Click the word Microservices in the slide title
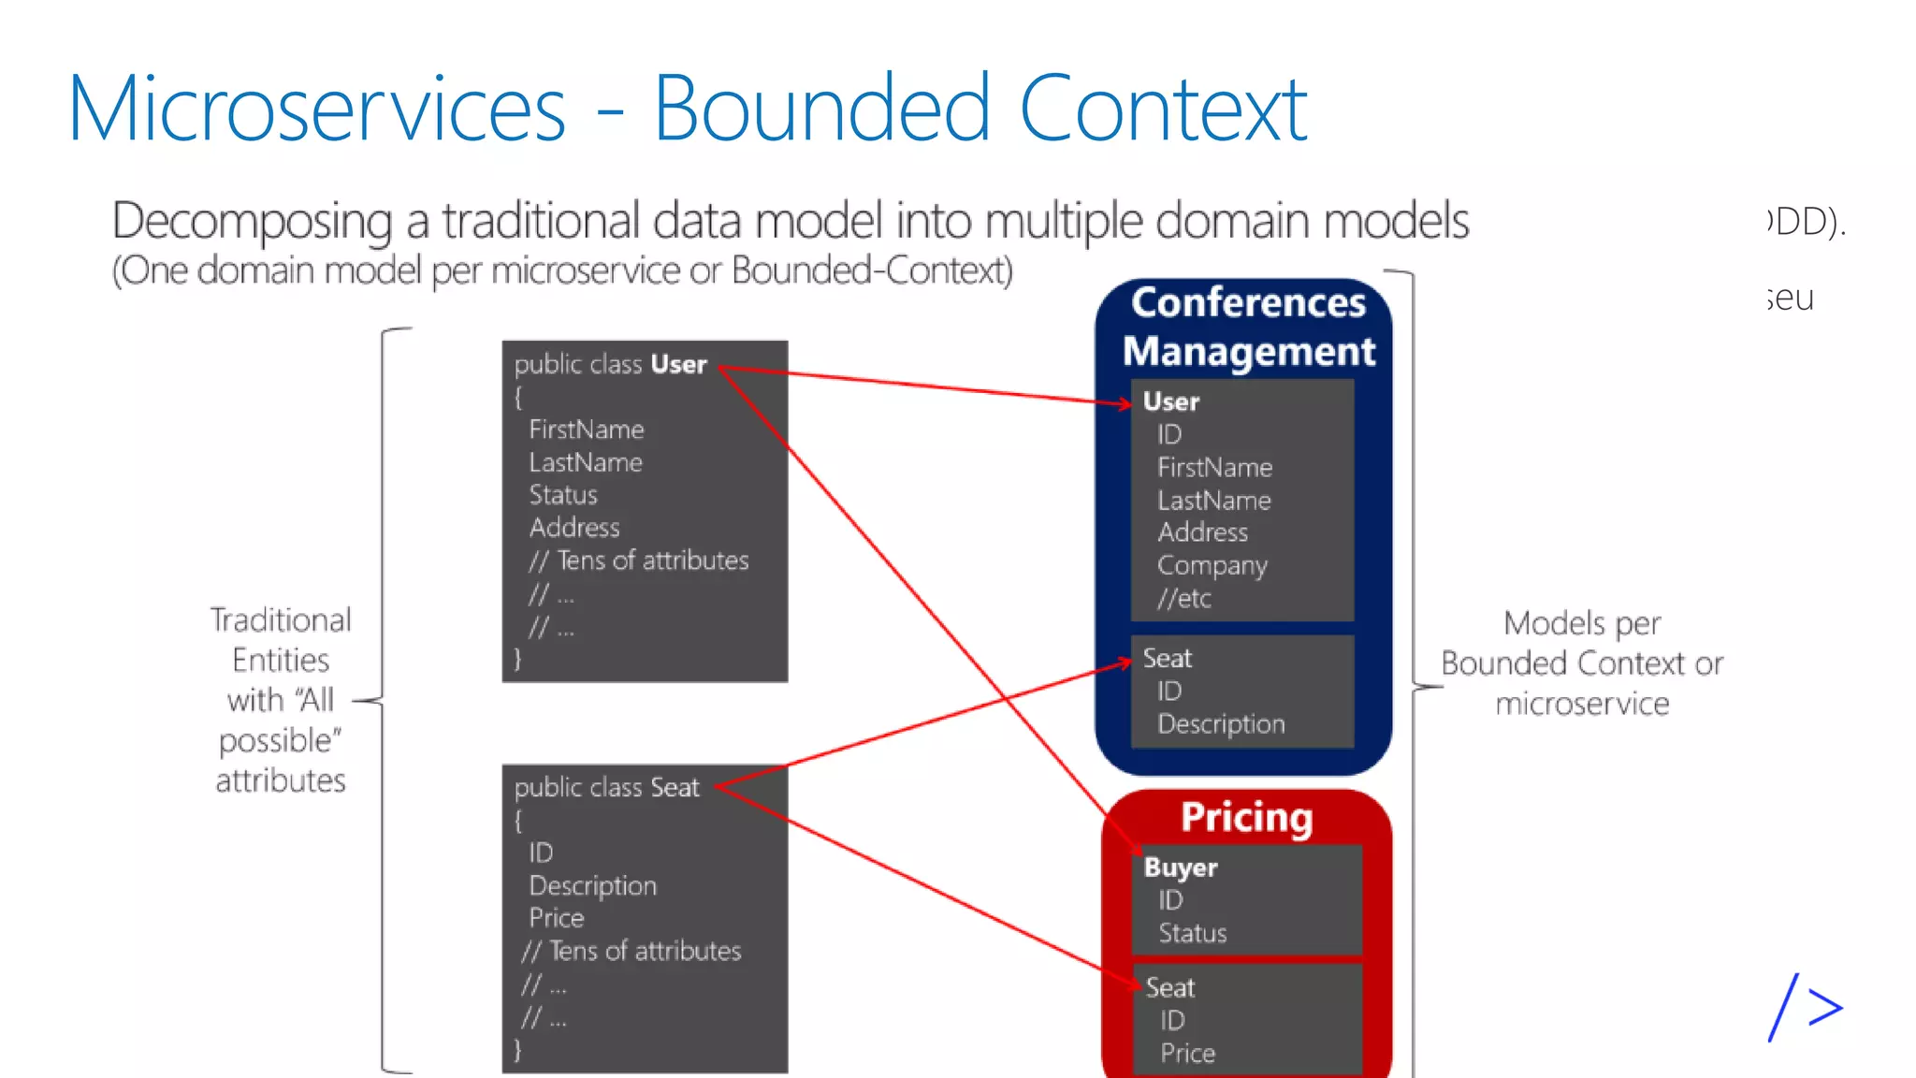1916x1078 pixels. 316,109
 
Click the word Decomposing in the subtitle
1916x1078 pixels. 251,222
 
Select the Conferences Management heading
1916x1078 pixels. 1248,327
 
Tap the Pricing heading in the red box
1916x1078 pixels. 1246,817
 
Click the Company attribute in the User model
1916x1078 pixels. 1212,565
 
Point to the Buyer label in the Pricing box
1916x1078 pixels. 1180,867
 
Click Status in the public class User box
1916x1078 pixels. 562,495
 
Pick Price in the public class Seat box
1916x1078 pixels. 556,918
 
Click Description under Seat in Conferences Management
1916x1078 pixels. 1220,724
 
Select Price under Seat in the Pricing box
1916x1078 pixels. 1187,1054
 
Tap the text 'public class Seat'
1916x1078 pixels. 606,788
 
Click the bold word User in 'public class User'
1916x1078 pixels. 678,364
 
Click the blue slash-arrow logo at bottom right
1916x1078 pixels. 1805,1008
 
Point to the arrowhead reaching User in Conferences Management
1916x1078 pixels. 1125,403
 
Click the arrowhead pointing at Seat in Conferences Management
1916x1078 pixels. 1125,663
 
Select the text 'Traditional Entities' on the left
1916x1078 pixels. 280,640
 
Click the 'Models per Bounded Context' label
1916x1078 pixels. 1581,644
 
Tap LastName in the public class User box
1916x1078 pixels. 585,462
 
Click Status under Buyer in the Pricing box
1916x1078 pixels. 1192,933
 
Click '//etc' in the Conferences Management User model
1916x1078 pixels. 1183,599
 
